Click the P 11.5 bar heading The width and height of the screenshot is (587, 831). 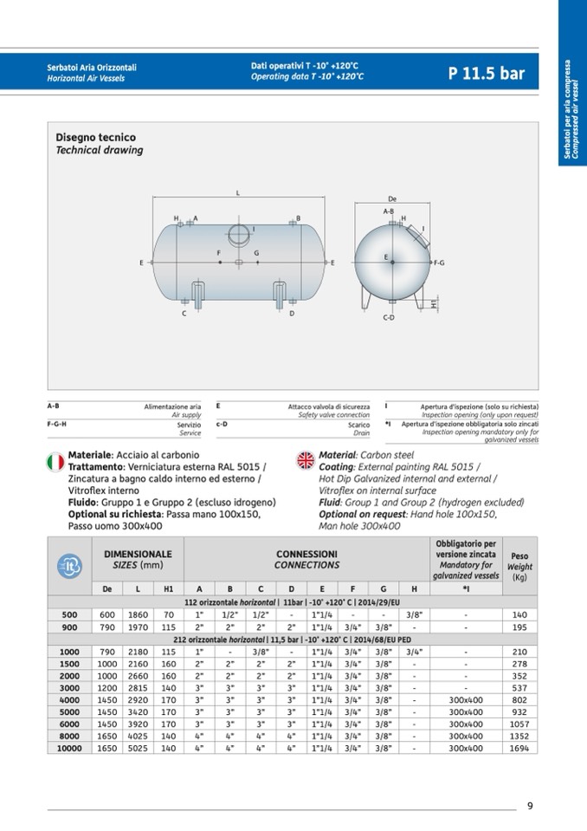[487, 73]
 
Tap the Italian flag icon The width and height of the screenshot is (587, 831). [55, 462]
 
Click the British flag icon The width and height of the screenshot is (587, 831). [306, 460]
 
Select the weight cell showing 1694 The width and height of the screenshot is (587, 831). [519, 749]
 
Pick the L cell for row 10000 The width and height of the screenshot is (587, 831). [138, 749]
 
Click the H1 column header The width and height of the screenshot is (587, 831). [168, 588]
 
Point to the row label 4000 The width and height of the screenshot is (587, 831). [69, 700]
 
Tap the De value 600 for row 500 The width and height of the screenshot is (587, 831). [106, 614]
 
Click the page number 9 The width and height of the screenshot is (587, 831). [530, 806]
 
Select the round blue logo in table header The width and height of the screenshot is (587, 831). [69, 566]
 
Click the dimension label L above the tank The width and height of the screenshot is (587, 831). [238, 193]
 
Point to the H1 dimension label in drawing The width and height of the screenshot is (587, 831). [433, 304]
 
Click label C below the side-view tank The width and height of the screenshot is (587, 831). [184, 314]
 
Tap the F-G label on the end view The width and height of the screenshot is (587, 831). [439, 263]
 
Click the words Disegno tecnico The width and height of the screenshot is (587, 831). [96, 137]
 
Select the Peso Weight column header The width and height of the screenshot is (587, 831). [519, 566]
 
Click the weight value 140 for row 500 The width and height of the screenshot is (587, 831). [519, 614]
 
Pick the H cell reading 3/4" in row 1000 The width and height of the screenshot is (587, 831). [414, 652]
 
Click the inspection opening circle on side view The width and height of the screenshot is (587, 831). [240, 234]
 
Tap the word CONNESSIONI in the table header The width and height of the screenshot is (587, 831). [306, 554]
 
